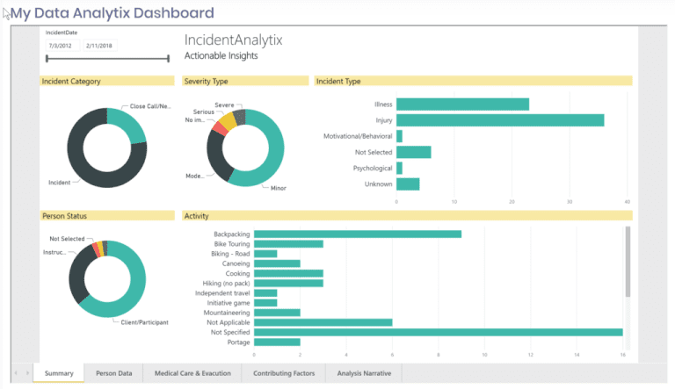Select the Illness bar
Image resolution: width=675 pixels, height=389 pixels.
pyautogui.click(x=462, y=104)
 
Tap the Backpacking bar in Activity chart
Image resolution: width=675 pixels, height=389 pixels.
pyautogui.click(x=357, y=234)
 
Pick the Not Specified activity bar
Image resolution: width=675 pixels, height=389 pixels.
pyautogui.click(x=438, y=332)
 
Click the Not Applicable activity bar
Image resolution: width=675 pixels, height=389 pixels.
pyautogui.click(x=323, y=322)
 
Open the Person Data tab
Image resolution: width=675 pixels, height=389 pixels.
pyautogui.click(x=114, y=374)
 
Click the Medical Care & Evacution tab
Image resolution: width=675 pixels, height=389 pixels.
pyautogui.click(x=192, y=374)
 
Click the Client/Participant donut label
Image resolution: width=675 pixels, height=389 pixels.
pyautogui.click(x=144, y=322)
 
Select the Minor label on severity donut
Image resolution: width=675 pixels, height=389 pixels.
pyautogui.click(x=278, y=188)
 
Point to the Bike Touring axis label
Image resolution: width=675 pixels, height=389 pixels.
pyautogui.click(x=232, y=244)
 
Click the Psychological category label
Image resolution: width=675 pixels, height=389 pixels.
pyautogui.click(x=373, y=168)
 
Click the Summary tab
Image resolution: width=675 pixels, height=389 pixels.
pyautogui.click(x=59, y=374)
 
